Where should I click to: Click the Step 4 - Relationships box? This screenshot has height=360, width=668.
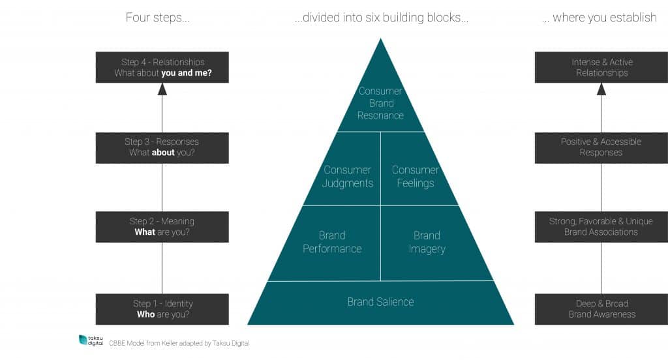coord(162,67)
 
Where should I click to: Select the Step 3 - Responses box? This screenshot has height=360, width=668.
coord(162,147)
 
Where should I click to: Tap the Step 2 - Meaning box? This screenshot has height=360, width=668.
coord(162,226)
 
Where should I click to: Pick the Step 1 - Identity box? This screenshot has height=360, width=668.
coord(162,309)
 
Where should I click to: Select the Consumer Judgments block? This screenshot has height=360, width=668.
coord(348,176)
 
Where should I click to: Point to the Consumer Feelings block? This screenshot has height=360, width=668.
coord(415,176)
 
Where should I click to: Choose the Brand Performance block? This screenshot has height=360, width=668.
coord(332,242)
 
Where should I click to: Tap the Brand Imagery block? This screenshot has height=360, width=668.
coord(427,242)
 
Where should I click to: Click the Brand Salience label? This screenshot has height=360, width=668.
coord(380,301)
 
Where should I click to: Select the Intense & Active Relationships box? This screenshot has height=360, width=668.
coord(601,67)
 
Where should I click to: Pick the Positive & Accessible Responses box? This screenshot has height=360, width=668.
coord(601,147)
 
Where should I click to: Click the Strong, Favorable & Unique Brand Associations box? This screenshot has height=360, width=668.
coord(601,226)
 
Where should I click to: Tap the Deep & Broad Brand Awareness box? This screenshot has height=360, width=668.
coord(601,309)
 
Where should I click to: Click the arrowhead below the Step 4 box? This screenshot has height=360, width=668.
coord(162,89)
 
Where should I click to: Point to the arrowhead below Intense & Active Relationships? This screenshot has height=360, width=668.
coord(601,89)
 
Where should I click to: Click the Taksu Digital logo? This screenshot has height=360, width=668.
coord(91,340)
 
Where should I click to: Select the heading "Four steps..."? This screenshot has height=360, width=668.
coord(158,18)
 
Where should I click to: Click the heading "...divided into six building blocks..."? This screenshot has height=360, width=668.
coord(381,18)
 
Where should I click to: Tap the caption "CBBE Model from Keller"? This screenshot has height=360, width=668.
coord(179,343)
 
